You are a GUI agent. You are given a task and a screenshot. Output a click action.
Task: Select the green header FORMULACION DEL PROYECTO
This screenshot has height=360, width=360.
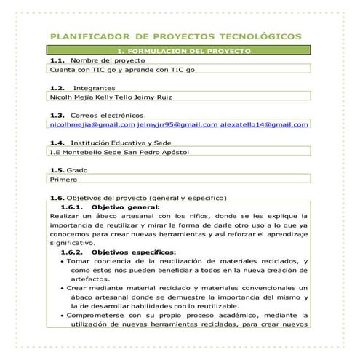click(x=180, y=51)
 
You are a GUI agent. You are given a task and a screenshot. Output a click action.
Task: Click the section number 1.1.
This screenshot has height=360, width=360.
click(x=57, y=60)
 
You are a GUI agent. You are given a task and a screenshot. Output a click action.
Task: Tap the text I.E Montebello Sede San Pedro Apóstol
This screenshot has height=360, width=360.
click(x=117, y=153)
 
